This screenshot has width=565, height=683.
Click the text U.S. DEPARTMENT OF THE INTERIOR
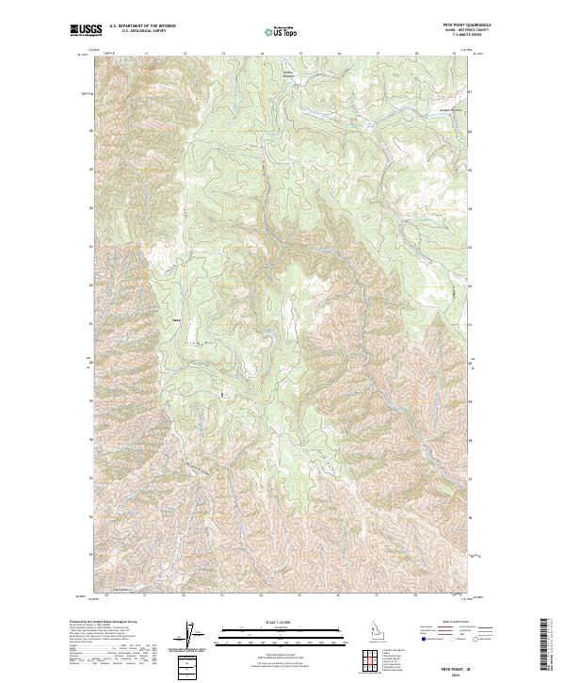point(142,26)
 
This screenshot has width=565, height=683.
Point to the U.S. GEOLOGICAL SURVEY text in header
point(142,32)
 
